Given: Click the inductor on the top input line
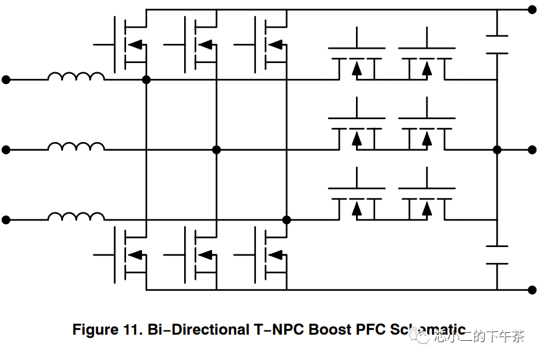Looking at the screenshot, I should click(76, 77).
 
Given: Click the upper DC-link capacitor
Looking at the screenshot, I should click(497, 44).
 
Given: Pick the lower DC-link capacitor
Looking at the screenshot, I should click(497, 254).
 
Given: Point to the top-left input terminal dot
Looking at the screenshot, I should click(6, 80).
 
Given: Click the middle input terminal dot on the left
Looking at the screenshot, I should click(6, 149).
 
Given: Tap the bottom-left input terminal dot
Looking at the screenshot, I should click(6, 220).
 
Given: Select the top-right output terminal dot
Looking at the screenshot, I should click(532, 9).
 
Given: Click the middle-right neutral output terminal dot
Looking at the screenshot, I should click(532, 149).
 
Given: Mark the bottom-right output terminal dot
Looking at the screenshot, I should click(532, 289).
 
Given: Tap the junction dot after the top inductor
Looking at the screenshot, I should click(146, 80).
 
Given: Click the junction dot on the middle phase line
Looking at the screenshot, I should click(216, 149).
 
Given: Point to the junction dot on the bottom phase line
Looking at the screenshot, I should click(286, 220).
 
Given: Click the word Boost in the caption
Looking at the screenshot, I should click(331, 330).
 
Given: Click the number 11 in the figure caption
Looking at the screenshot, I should click(125, 330).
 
